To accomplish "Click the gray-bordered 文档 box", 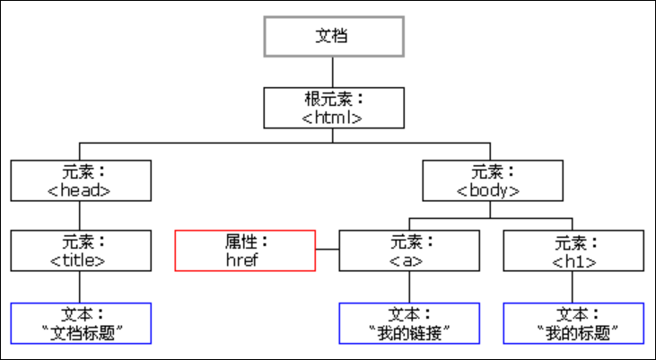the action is click(x=334, y=37).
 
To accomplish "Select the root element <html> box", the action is click(x=334, y=108).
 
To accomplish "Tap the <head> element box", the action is click(x=81, y=180).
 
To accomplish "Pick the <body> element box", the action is click(x=493, y=180).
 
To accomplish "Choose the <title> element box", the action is click(x=81, y=250).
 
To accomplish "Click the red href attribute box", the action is click(x=245, y=250).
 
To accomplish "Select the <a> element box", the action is click(x=409, y=250).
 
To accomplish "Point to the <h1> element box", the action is click(x=573, y=250).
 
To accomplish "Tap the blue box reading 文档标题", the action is click(x=81, y=323).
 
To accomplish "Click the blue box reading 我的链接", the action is click(x=409, y=323).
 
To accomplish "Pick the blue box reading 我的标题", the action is click(x=573, y=323).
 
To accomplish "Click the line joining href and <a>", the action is click(x=328, y=249).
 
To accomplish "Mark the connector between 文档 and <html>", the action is click(x=333, y=72).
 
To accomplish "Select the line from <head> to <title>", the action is click(x=80, y=215).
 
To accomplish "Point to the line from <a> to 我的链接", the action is click(x=409, y=287).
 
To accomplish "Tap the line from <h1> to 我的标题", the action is click(x=573, y=287).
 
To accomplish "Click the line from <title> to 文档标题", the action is click(x=80, y=287).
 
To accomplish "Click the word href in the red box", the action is click(x=242, y=260).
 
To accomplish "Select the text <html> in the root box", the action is click(x=332, y=118).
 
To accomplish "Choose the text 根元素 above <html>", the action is click(x=329, y=100).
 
